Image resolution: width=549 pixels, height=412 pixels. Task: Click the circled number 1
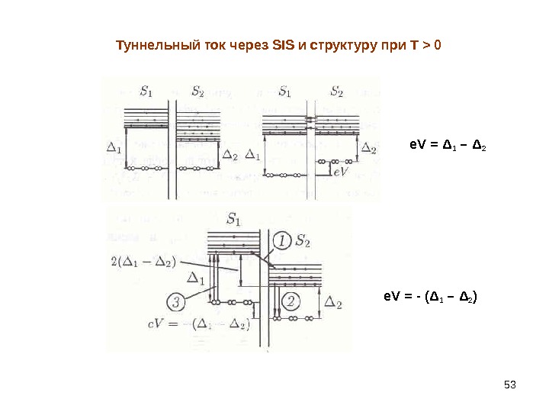282,241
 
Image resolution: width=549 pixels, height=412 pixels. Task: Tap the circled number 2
291,300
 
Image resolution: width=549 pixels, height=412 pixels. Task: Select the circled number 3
177,303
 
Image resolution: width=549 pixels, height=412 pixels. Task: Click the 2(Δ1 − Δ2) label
142,262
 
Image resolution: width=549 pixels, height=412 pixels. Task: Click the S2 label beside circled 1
303,242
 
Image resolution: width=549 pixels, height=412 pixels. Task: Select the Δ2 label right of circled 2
333,303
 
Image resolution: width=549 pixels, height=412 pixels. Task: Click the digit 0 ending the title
437,46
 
